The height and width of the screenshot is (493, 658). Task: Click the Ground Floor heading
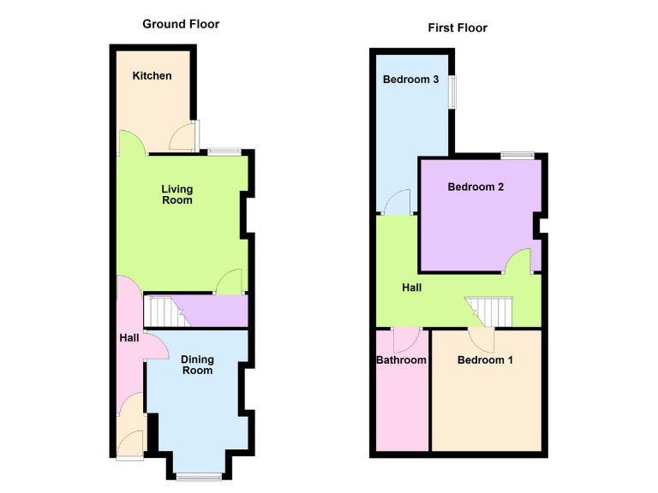click(x=180, y=24)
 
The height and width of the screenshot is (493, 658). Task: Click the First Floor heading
click(x=458, y=28)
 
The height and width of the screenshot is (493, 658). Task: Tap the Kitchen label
click(x=152, y=75)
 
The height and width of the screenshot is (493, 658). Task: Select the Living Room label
click(x=177, y=194)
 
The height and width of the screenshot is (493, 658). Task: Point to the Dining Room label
click(x=197, y=365)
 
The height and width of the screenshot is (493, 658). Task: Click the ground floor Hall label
click(x=129, y=338)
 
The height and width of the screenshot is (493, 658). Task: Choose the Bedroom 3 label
click(x=411, y=80)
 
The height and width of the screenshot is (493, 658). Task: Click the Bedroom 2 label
click(x=476, y=187)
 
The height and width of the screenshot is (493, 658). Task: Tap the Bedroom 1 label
click(x=485, y=359)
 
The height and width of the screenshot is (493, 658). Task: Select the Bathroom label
click(x=401, y=359)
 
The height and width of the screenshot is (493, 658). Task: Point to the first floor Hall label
click(x=411, y=288)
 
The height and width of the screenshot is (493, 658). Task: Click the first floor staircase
click(x=488, y=311)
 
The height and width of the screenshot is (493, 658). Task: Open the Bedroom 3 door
click(x=398, y=202)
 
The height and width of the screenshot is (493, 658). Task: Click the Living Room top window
click(x=224, y=151)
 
